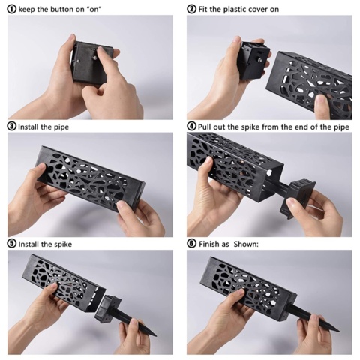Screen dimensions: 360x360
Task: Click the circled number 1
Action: click(12, 10)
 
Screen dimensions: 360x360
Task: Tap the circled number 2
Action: click(191, 10)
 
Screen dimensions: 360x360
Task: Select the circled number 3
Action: click(12, 127)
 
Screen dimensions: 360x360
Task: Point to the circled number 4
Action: click(191, 127)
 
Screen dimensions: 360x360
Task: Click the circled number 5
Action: click(12, 244)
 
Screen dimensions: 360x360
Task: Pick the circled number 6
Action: click(191, 244)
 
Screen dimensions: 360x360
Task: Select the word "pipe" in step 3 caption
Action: click(61, 127)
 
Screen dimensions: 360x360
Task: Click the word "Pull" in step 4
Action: click(205, 127)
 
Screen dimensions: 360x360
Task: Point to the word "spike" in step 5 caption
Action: click(63, 244)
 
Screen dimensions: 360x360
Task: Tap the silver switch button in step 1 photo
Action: click(95, 58)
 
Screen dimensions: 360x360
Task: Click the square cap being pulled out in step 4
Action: click(297, 197)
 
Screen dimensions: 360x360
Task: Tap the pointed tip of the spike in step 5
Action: click(156, 335)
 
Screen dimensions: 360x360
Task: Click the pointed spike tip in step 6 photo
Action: click(338, 331)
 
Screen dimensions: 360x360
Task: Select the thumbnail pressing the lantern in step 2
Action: click(322, 102)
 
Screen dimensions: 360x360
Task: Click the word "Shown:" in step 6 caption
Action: click(246, 244)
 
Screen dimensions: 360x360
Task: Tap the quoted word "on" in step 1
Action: click(94, 10)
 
